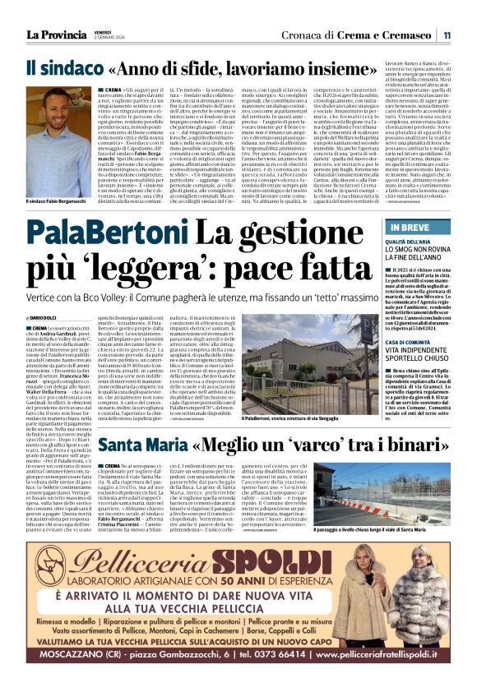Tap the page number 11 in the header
445,35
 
